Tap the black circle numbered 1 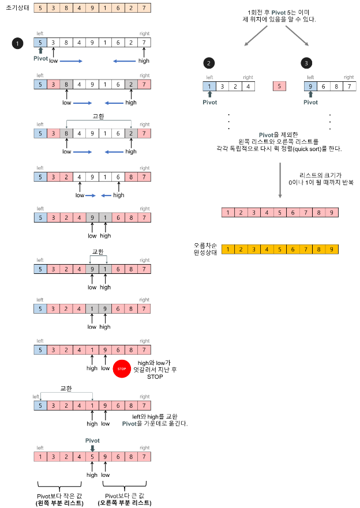pyautogui.click(x=18, y=43)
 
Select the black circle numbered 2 pyautogui.click(x=209, y=63)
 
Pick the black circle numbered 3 pyautogui.click(x=306, y=63)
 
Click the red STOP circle pyautogui.click(x=121, y=368)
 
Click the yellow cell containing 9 pyautogui.click(x=331, y=250)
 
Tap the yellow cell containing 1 pyautogui.click(x=228, y=250)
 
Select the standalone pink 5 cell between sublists pyautogui.click(x=279, y=86)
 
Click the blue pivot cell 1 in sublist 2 pyautogui.click(x=209, y=86)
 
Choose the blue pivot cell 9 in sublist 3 pyautogui.click(x=310, y=86)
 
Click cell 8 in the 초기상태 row pyautogui.click(x=66, y=8)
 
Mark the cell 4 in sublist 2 pyautogui.click(x=247, y=86)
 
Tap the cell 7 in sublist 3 pyautogui.click(x=348, y=86)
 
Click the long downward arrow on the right pyautogui.click(x=280, y=180)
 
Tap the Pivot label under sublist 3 pyautogui.click(x=310, y=102)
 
